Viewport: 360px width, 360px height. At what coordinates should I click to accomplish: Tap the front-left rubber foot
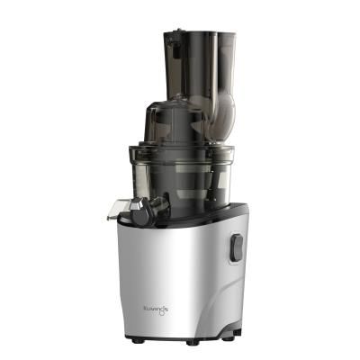pyautogui.click(x=137, y=339)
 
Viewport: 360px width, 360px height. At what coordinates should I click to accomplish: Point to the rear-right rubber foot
pyautogui.click(x=236, y=337)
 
